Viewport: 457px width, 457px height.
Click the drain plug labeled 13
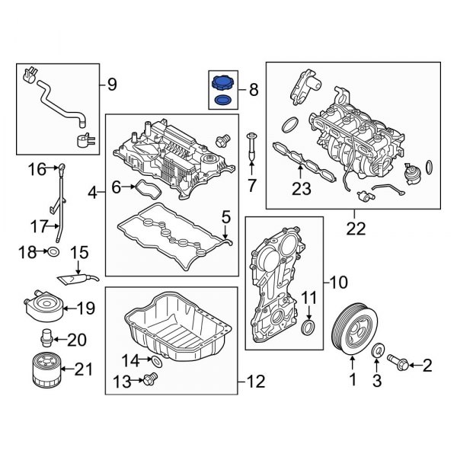point(149,379)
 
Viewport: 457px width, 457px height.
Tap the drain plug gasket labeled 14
point(157,359)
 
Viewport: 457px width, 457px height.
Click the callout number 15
point(80,251)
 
